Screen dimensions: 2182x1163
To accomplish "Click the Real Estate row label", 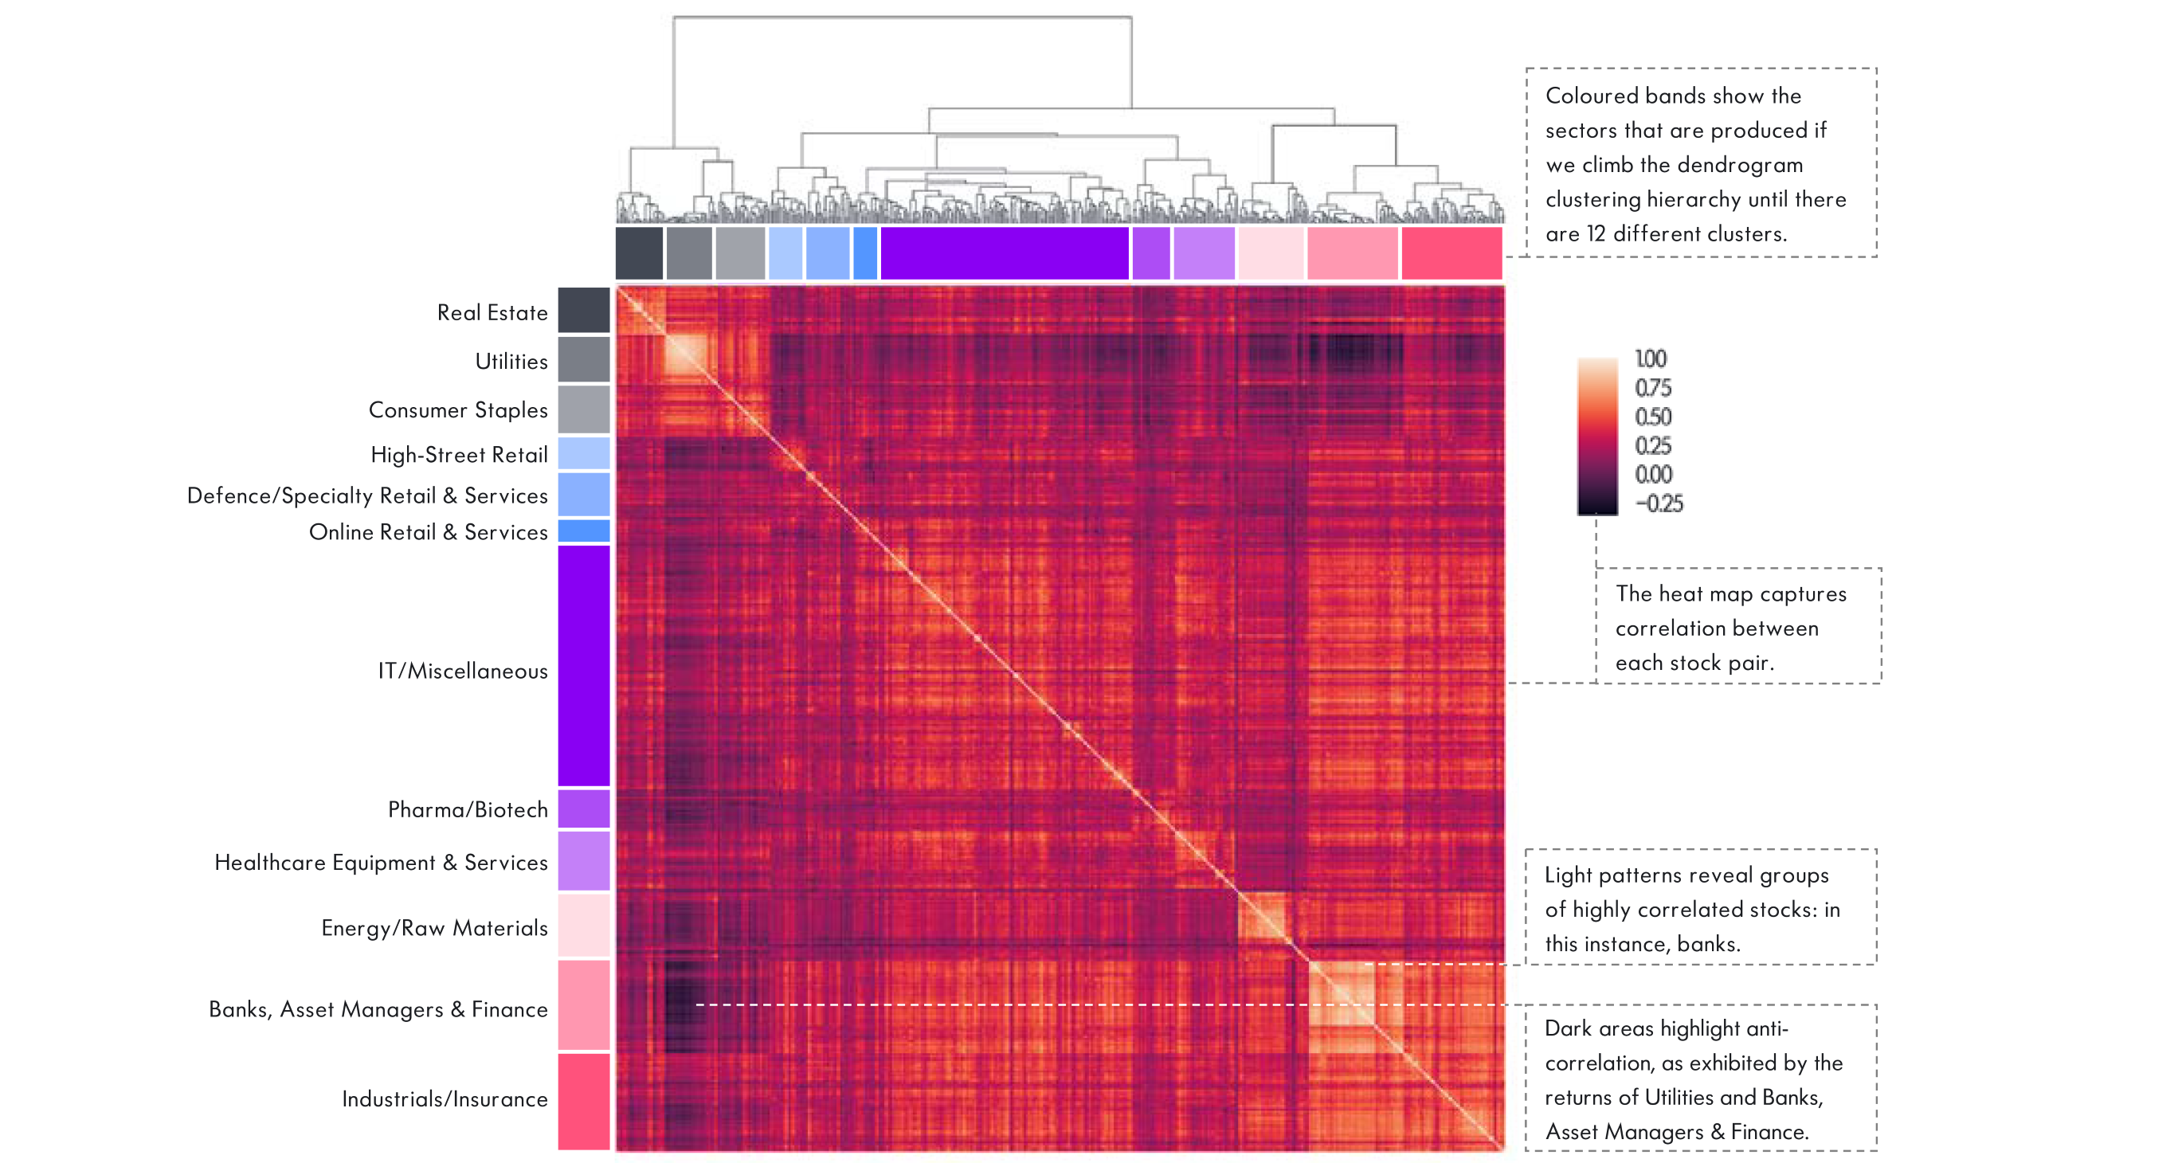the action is point(492,312).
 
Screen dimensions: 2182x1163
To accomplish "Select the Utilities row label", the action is point(511,362).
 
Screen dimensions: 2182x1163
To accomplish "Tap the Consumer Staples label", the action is point(458,410).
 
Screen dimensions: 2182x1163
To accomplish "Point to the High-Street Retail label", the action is point(459,455).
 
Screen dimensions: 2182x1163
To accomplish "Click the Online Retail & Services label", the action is point(429,532).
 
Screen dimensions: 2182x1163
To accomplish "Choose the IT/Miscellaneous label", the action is point(463,671).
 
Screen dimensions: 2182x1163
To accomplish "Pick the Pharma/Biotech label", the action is point(468,810).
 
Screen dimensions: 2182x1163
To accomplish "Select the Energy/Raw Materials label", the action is point(434,928).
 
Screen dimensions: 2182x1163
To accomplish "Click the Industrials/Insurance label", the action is point(445,1098).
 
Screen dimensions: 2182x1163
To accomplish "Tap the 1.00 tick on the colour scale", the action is point(1650,359).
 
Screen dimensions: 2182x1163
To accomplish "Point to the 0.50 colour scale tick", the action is point(1652,417).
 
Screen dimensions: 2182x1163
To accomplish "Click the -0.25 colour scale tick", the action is point(1659,504).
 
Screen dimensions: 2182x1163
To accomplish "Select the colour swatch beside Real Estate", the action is point(584,310).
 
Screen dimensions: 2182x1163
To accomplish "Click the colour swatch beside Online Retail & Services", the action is point(584,531).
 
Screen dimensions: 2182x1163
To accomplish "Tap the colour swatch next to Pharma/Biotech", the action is point(584,809).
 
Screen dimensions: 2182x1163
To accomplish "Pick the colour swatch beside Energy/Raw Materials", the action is point(584,926).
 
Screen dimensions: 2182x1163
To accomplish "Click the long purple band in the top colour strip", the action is point(1005,253).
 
